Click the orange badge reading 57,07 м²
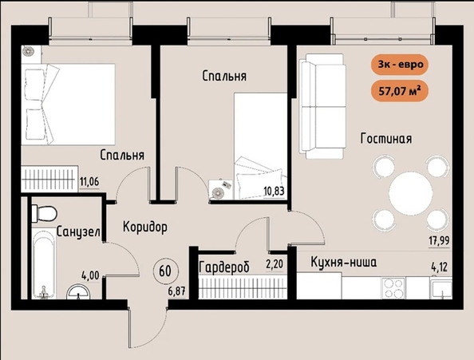tap(399, 91)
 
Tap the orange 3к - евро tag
tap(401, 65)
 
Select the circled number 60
tap(165, 271)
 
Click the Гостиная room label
tap(386, 138)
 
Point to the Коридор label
tap(145, 227)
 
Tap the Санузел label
tap(78, 231)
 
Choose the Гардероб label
tap(224, 267)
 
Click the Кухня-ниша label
tap(344, 262)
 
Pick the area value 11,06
tap(89, 182)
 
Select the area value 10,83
tap(274, 192)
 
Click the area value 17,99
tap(439, 241)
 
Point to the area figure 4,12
tap(439, 267)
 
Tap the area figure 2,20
tap(275, 264)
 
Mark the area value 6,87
tap(177, 291)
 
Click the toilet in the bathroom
tap(44, 213)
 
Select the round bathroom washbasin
tap(78, 291)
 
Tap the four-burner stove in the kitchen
tap(394, 288)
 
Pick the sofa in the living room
tap(322, 106)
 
